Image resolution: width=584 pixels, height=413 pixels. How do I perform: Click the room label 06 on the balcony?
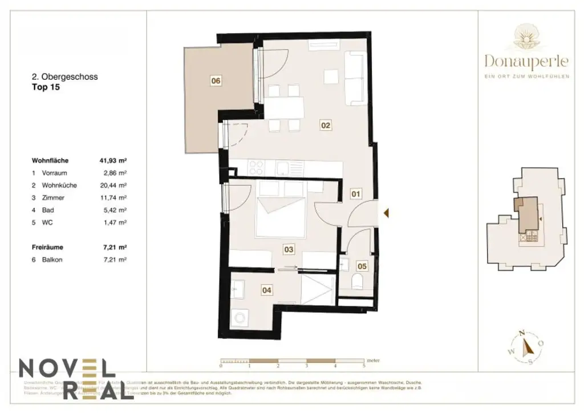(x=216, y=81)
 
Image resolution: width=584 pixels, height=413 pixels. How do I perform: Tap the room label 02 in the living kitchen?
(x=326, y=125)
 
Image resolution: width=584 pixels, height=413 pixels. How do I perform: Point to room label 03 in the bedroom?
(x=289, y=249)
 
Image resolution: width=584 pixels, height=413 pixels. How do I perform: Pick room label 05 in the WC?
(x=362, y=266)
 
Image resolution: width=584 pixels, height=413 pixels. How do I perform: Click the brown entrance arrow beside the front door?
(x=386, y=213)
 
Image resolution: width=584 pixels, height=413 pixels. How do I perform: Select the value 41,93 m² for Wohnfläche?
(x=113, y=161)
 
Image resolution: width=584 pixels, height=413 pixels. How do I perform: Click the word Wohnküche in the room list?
(x=62, y=185)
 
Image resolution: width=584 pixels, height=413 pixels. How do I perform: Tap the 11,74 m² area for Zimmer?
(x=113, y=198)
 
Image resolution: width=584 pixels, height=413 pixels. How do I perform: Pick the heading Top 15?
(x=46, y=88)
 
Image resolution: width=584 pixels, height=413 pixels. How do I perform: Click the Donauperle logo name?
(x=526, y=60)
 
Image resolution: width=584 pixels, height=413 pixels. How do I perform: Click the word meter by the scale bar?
(x=374, y=361)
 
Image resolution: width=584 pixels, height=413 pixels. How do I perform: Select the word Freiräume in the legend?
(x=47, y=248)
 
